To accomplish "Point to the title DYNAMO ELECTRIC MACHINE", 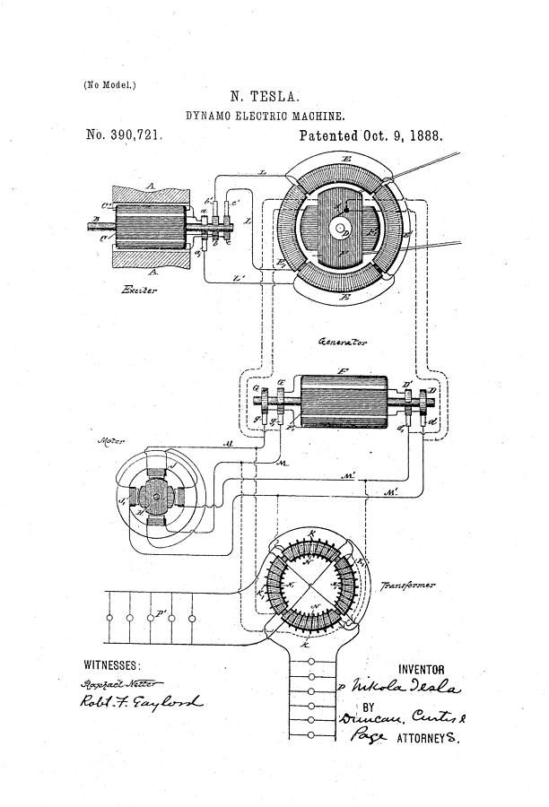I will pyautogui.click(x=266, y=116).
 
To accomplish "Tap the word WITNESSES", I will pyautogui.click(x=112, y=665).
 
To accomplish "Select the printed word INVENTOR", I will pyautogui.click(x=421, y=669).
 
